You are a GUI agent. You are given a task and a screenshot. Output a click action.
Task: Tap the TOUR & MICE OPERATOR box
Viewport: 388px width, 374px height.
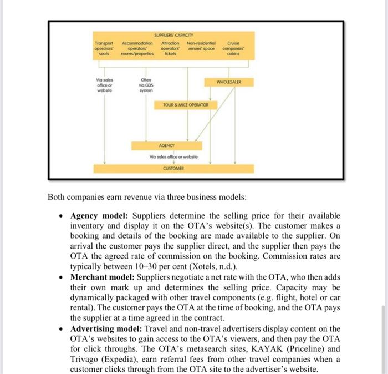pyautogui.click(x=186, y=104)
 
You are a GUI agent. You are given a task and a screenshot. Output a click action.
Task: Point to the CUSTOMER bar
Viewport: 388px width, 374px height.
pyautogui.click(x=173, y=168)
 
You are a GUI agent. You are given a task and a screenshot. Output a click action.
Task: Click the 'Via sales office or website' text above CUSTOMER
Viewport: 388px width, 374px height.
pyautogui.click(x=173, y=157)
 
